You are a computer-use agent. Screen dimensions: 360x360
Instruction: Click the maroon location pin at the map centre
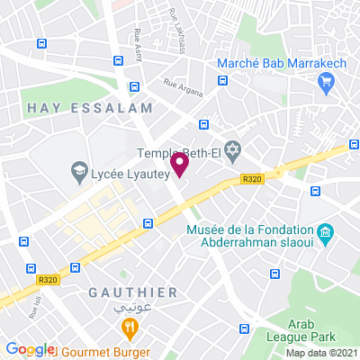180,165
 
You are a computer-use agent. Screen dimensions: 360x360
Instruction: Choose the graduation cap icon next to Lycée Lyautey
78,169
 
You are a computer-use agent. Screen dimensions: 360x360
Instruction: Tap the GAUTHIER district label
133,292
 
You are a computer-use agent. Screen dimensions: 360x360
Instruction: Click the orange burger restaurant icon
130,328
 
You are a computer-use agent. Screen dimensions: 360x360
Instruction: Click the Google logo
30,349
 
